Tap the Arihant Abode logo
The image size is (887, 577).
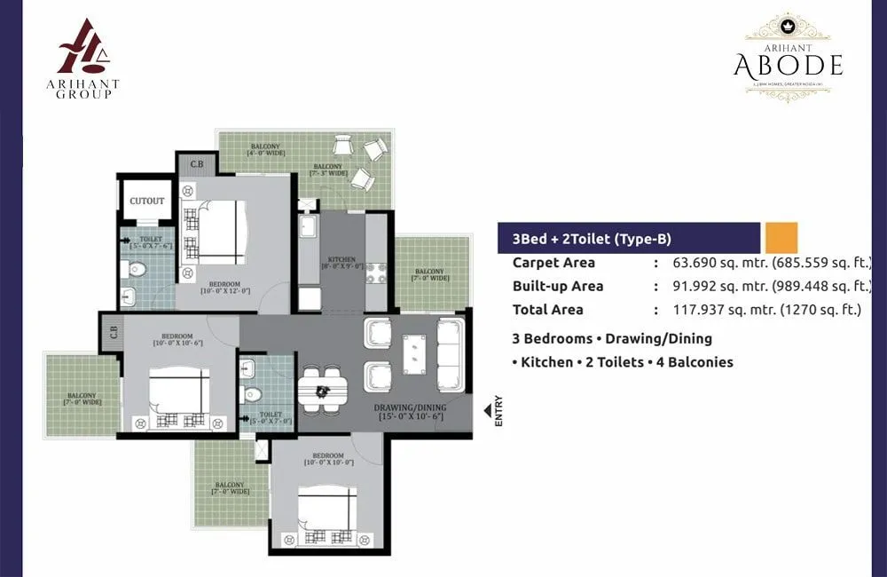point(788,57)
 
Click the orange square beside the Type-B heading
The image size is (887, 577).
point(781,238)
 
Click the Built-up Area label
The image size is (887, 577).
point(558,286)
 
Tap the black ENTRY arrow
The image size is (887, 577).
point(487,410)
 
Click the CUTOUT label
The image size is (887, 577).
point(146,202)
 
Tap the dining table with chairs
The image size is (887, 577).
point(321,390)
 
